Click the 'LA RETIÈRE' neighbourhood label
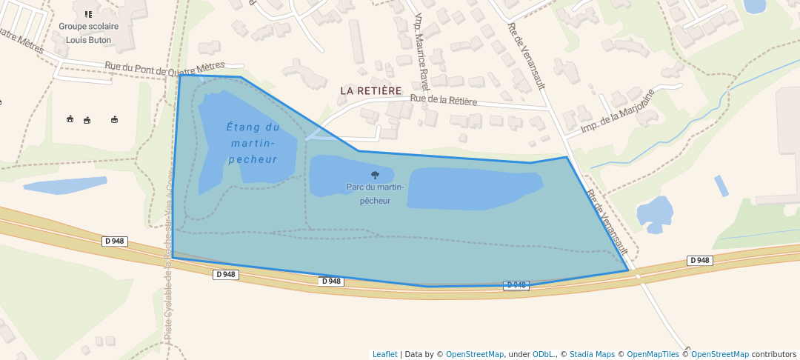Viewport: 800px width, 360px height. tap(370, 90)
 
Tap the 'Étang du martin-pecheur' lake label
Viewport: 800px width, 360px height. tap(253, 143)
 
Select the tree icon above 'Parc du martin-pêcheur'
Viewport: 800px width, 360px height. tap(375, 176)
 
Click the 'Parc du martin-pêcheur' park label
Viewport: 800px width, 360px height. tap(375, 193)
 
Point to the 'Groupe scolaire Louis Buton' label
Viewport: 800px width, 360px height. tap(89, 31)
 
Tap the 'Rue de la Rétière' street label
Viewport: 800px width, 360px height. tap(443, 99)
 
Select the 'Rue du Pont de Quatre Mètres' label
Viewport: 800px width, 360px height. tap(164, 68)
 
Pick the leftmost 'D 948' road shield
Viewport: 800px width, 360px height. tap(114, 241)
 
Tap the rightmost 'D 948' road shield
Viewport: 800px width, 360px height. tap(700, 260)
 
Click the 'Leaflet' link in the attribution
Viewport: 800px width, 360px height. tap(384, 354)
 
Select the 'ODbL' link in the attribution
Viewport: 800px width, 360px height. tap(544, 354)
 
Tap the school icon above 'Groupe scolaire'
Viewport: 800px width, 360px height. tap(88, 13)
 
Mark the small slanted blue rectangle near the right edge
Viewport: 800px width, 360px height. tap(721, 186)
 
